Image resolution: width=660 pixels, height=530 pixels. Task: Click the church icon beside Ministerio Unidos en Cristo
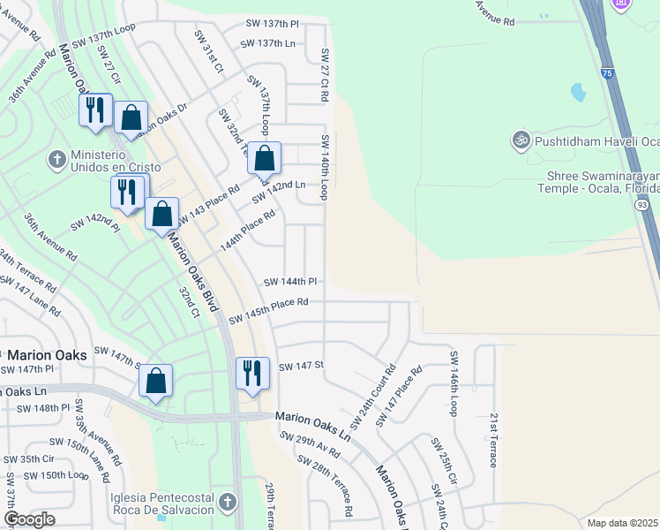[57, 159]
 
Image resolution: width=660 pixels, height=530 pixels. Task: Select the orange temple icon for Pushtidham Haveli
[520, 140]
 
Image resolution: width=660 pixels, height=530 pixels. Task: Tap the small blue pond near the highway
[578, 91]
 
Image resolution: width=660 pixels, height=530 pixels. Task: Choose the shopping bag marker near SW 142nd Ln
[264, 159]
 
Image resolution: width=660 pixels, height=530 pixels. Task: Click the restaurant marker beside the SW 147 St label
[252, 372]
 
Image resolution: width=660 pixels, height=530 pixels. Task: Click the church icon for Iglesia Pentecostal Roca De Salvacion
[228, 503]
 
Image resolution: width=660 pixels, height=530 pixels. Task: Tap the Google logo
[29, 519]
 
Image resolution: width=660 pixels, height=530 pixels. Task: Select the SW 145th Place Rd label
[268, 311]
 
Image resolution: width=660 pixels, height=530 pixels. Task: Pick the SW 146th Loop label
[455, 384]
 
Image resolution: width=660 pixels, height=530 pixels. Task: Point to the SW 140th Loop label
[325, 167]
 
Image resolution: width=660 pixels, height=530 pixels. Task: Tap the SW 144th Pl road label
[290, 282]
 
